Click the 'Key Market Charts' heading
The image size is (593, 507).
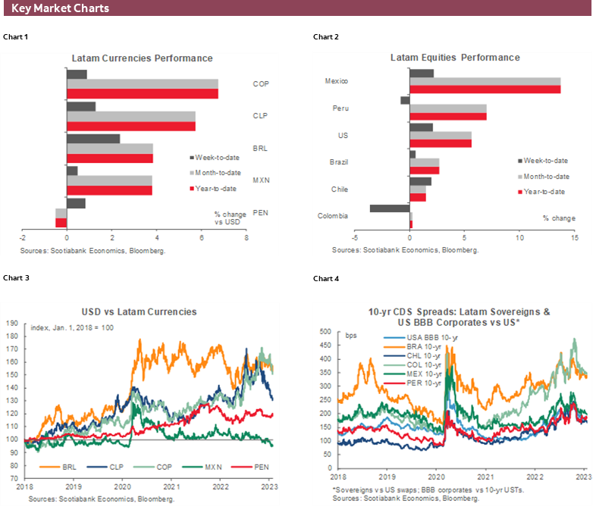click(61, 8)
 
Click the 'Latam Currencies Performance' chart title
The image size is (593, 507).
click(142, 58)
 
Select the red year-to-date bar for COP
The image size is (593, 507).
click(142, 94)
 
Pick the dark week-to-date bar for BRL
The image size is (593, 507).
click(93, 139)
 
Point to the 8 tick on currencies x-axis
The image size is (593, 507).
click(246, 238)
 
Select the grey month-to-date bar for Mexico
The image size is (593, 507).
click(485, 81)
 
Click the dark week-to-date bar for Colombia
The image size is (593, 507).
click(390, 208)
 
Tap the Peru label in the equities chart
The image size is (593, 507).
click(340, 108)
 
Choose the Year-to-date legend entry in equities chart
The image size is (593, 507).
click(547, 192)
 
